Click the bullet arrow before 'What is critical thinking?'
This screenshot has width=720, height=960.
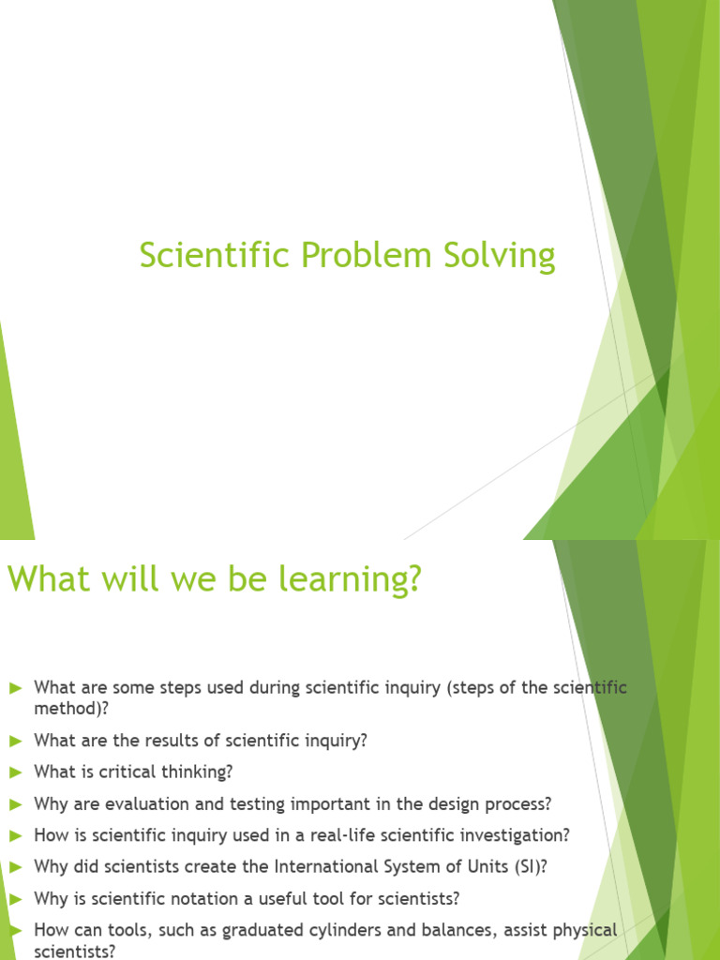pyautogui.click(x=15, y=772)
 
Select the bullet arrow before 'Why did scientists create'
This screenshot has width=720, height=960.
pyautogui.click(x=15, y=867)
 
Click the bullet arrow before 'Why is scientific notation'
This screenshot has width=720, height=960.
pyautogui.click(x=15, y=899)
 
